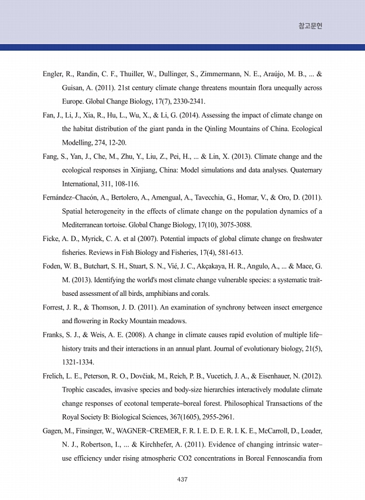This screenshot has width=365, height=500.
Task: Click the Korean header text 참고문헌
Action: coord(310,27)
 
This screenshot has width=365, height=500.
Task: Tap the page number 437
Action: coord(183,479)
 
